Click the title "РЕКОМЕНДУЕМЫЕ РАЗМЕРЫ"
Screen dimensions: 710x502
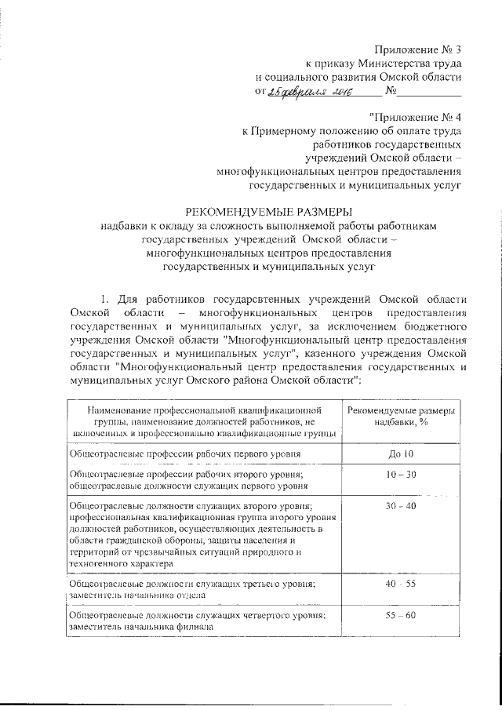(269, 210)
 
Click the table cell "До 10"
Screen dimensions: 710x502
(400, 454)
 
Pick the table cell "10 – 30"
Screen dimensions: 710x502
(400, 475)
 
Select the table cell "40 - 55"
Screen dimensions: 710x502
(400, 584)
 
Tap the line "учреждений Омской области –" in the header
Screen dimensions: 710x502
(381, 158)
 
